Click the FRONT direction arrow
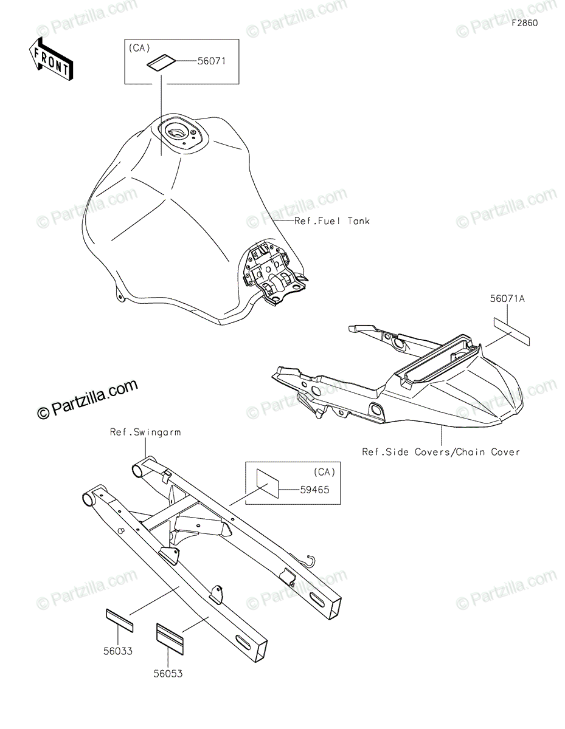pos(50,58)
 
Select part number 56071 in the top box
pos(211,61)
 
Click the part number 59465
pos(315,489)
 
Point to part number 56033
pos(118,651)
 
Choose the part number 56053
pos(168,673)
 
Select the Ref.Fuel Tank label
pos(332,221)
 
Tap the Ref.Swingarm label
pos(145,433)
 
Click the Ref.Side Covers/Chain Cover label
pos(441,452)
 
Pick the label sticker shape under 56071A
pos(511,332)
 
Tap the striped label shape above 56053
pos(171,637)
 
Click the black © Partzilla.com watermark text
pos(88,400)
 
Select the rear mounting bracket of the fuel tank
pos(273,267)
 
